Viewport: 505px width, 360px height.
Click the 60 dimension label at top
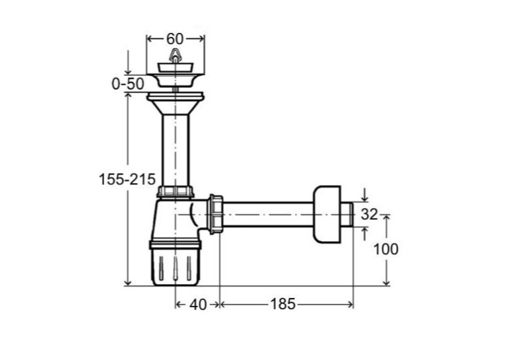[175, 39]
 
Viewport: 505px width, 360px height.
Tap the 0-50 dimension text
[128, 84]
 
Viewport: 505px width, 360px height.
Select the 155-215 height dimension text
[127, 179]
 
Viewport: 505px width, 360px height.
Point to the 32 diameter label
[369, 214]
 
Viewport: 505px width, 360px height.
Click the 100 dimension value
[386, 249]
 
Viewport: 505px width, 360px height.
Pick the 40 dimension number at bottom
[198, 305]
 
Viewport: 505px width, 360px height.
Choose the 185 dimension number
[283, 304]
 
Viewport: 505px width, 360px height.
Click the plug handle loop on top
[175, 55]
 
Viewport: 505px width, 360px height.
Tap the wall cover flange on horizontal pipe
[327, 214]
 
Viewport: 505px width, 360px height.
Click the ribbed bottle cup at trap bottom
[176, 263]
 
